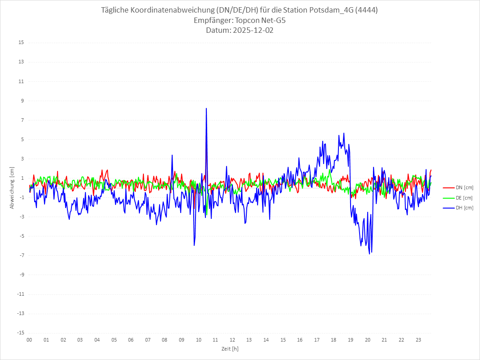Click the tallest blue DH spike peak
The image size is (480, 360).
coord(206,109)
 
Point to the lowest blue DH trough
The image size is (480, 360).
coord(369,254)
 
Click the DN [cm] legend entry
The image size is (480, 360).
coord(464,188)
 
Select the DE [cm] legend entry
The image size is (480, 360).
coord(464,198)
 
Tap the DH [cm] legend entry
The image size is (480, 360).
coord(464,208)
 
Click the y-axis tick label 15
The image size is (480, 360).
coord(21,43)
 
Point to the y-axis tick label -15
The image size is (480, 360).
coord(20,333)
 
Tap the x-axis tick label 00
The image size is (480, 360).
coord(29,340)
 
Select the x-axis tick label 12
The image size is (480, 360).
coord(232,340)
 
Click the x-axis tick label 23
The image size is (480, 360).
coord(418,340)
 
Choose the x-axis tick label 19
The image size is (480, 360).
coord(351,340)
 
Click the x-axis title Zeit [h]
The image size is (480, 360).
coord(230,348)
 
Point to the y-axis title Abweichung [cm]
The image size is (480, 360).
coord(12,188)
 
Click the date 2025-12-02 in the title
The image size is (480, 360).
coord(252,31)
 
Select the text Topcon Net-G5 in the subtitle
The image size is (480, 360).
coord(261,20)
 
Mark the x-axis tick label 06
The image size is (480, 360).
coord(131,340)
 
